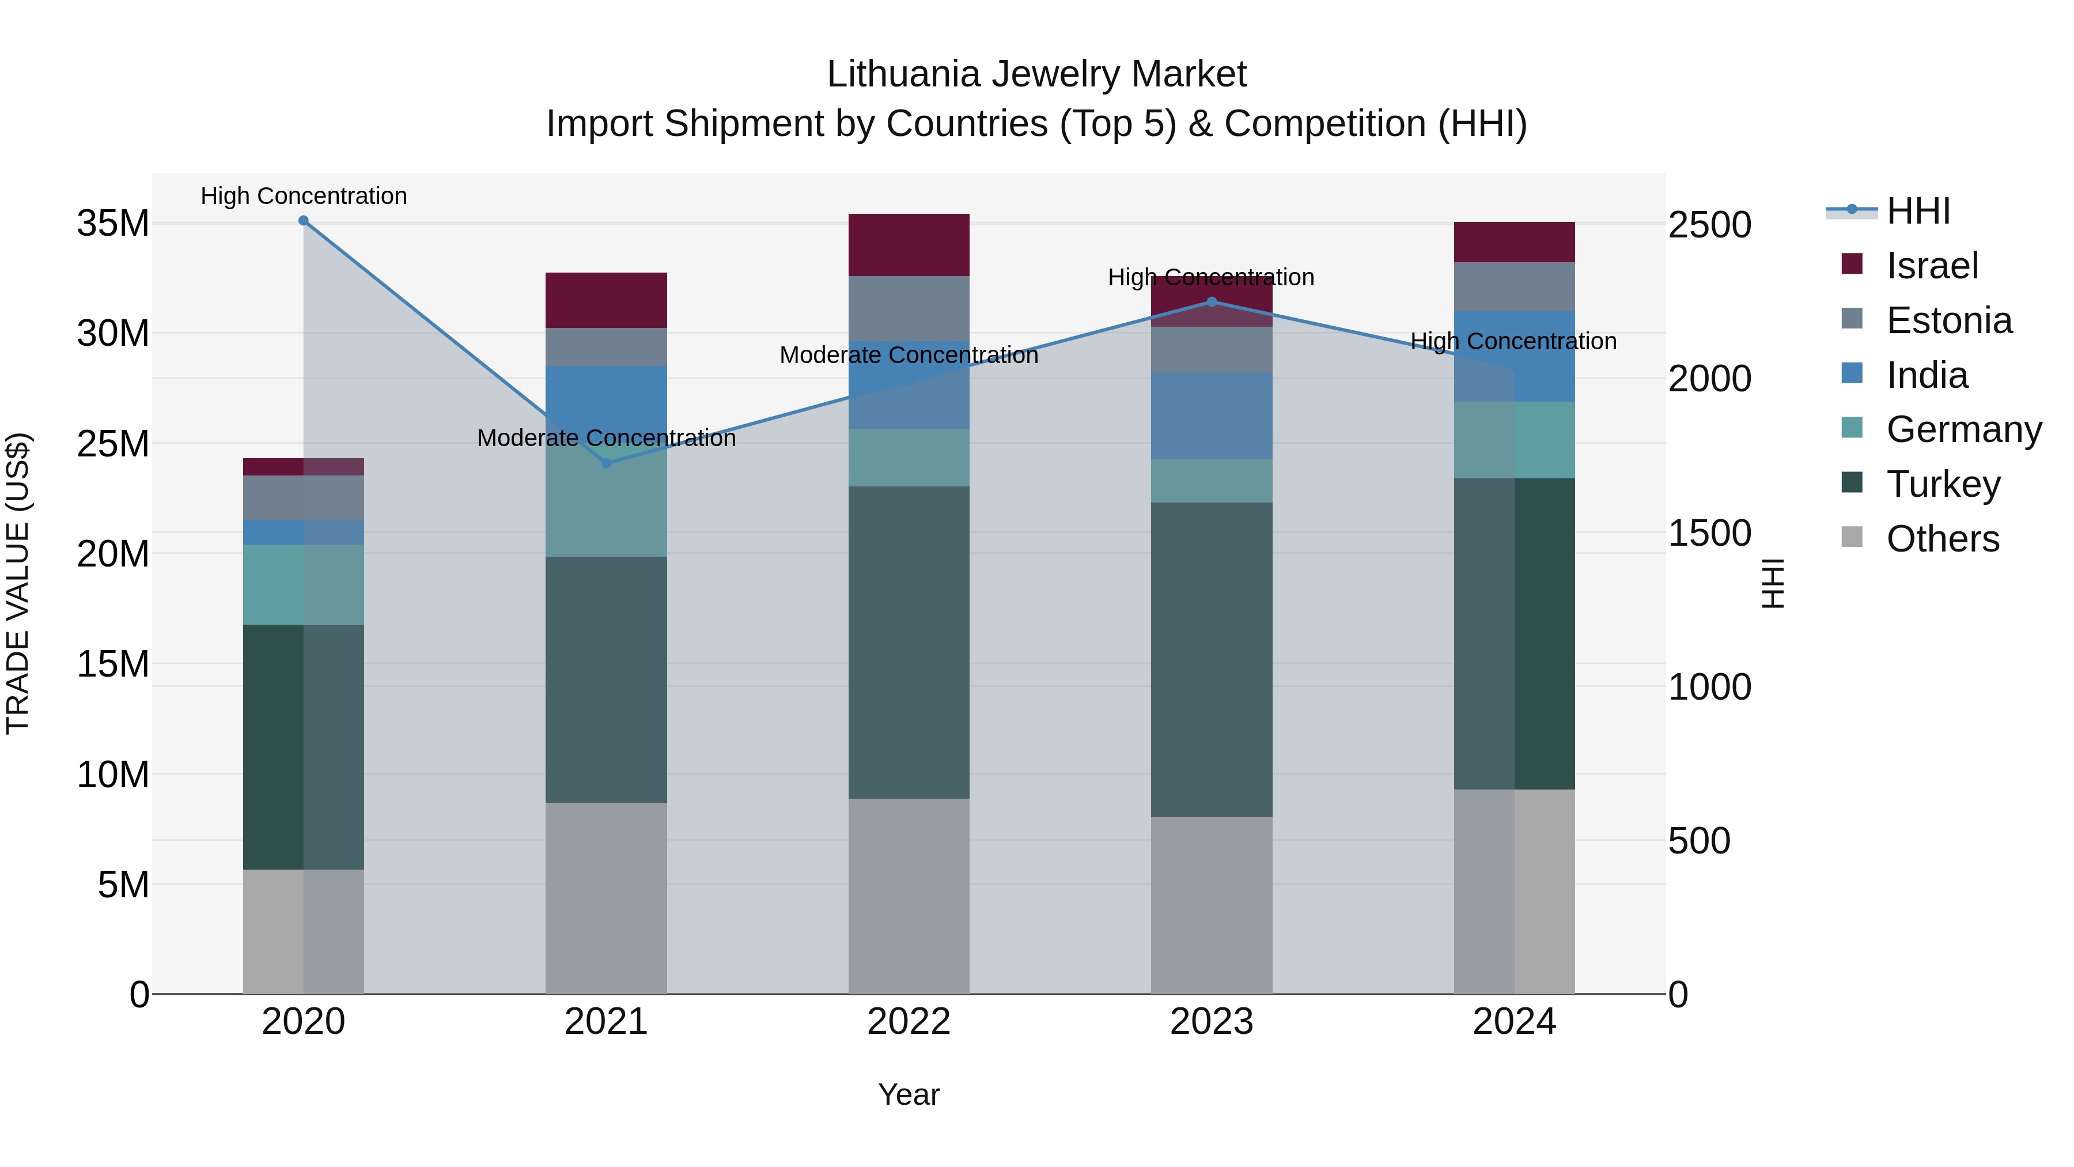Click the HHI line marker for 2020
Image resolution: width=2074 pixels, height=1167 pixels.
(304, 221)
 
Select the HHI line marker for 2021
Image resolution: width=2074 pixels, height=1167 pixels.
(606, 463)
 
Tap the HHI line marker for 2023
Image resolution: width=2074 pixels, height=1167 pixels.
(1212, 302)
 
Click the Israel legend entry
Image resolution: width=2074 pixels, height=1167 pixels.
(1932, 266)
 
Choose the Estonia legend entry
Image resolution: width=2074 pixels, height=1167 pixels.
(1948, 320)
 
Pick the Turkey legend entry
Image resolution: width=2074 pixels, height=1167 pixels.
(1943, 484)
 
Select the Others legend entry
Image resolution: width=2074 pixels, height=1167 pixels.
(1942, 539)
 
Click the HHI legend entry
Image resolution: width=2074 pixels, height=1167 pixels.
(1918, 211)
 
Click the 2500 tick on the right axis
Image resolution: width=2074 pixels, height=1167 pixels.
(1709, 225)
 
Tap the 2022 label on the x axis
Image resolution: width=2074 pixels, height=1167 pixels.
(909, 1022)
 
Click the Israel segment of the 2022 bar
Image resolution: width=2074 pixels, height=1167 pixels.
(909, 245)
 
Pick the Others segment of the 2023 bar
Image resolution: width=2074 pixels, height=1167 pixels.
(1212, 905)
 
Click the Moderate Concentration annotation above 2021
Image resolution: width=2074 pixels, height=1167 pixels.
(606, 438)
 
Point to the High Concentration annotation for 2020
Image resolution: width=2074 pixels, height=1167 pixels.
(304, 196)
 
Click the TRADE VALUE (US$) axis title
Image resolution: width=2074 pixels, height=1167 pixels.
(18, 583)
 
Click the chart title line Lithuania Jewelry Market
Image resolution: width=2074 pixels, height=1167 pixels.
(1036, 74)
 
